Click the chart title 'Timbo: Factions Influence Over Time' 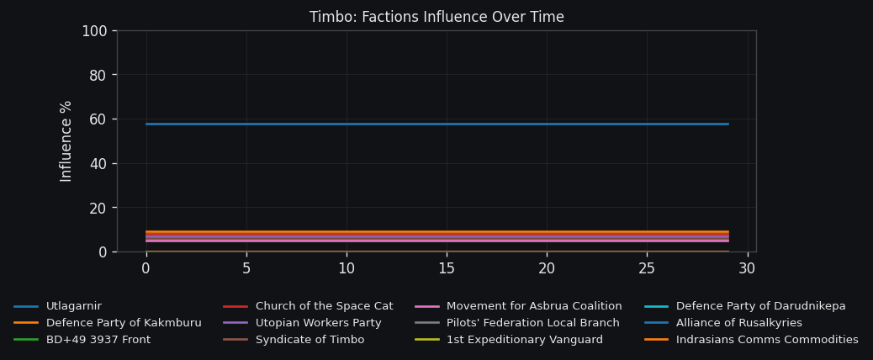(x=436, y=18)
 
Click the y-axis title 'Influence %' (x=66, y=140)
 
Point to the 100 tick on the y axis (x=94, y=31)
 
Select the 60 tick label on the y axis (x=98, y=119)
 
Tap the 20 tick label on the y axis (x=98, y=208)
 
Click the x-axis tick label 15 (x=447, y=268)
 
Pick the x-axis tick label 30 (x=747, y=268)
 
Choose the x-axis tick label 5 (x=246, y=268)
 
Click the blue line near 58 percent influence (x=437, y=124)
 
